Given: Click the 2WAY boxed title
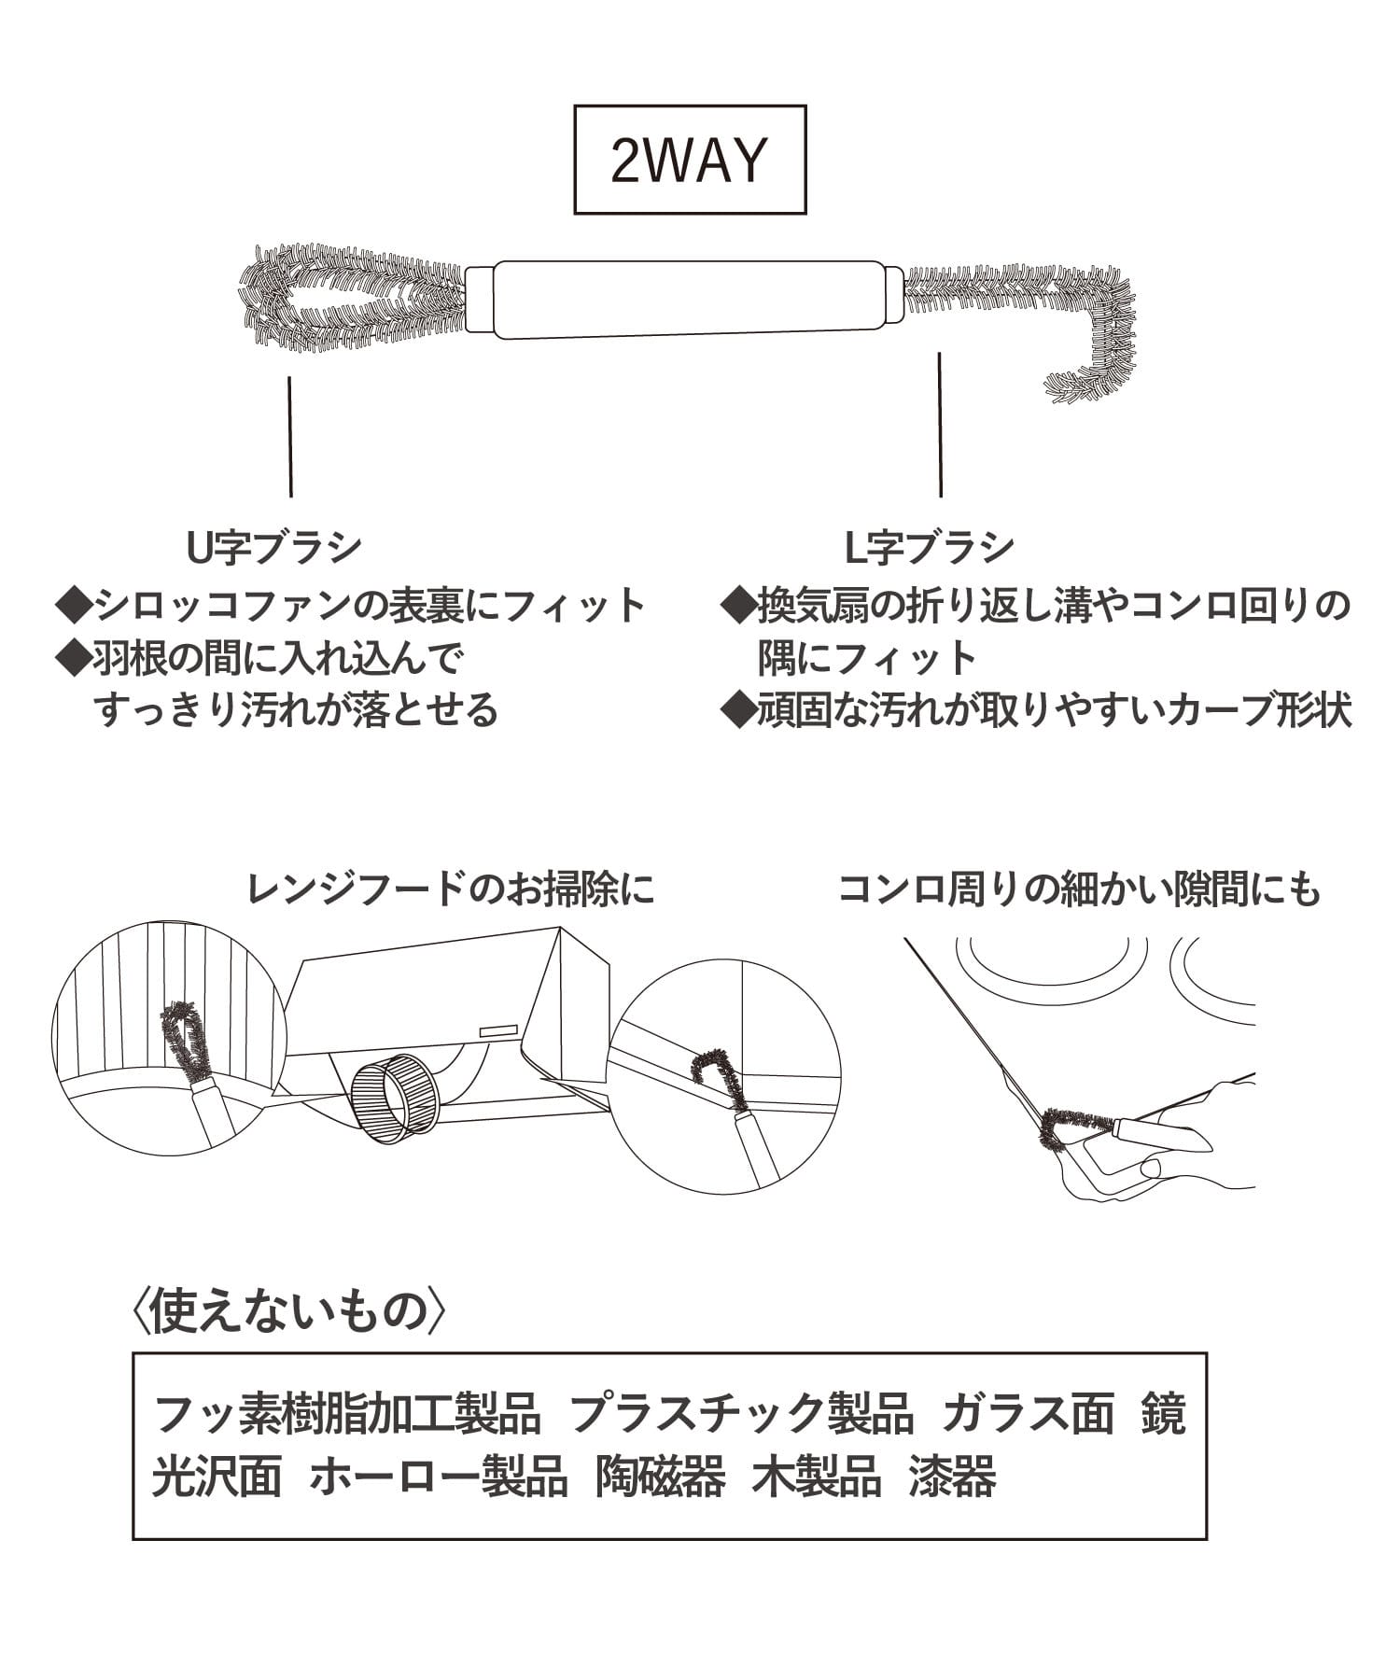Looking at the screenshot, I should click(689, 160).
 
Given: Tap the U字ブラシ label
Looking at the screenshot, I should click(273, 547).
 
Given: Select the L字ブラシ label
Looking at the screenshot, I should click(929, 547).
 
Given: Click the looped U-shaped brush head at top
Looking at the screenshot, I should click(350, 299).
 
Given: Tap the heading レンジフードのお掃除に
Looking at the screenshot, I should click(451, 889).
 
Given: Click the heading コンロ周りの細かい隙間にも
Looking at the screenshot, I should click(1079, 889).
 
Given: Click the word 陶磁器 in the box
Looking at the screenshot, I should click(660, 1477).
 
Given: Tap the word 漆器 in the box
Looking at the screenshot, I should click(953, 1477).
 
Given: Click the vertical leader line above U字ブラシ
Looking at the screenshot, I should click(290, 436).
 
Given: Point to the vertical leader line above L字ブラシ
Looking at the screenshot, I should click(940, 425).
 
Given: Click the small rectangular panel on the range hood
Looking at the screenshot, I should click(498, 1030).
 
